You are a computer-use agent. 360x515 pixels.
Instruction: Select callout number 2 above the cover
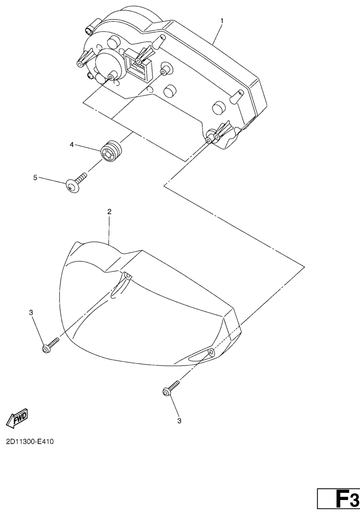(x=109, y=212)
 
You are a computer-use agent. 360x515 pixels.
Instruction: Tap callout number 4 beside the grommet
(x=72, y=145)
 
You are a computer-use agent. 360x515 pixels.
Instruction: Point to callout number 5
(x=35, y=178)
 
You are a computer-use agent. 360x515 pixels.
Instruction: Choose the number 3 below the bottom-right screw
(x=179, y=421)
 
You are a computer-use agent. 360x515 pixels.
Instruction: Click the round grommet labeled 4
(x=111, y=152)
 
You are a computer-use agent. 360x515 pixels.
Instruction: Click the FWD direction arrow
(x=17, y=417)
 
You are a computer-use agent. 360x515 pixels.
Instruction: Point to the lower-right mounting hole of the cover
(x=210, y=352)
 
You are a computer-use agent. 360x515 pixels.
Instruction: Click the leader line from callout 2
(x=109, y=230)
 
